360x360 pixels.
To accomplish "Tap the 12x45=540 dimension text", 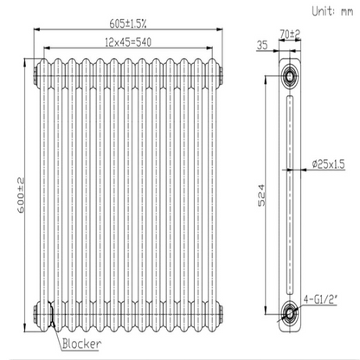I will (x=129, y=42).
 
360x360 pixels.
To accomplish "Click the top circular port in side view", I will (x=287, y=76).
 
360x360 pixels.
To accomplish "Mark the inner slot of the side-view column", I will (x=287, y=195).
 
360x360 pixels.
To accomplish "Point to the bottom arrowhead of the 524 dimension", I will (x=269, y=312).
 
